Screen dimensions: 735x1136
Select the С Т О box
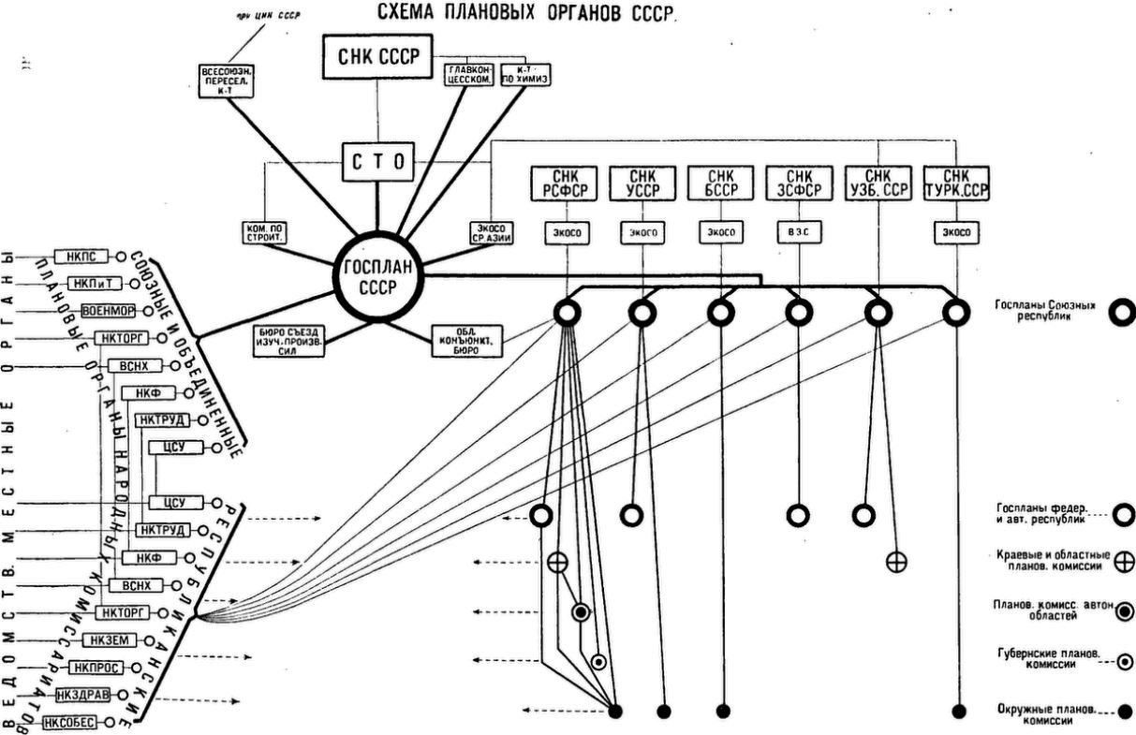pos(376,161)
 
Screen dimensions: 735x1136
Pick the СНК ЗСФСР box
pos(799,184)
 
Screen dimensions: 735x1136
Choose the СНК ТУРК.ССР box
pos(956,184)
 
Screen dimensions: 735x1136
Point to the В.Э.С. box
pos(799,233)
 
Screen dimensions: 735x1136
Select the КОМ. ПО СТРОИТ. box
pos(264,233)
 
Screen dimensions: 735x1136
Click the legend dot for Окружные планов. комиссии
pos(1124,710)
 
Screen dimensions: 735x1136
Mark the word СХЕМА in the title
pos(409,13)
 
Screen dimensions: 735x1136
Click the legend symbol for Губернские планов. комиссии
pos(1124,660)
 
